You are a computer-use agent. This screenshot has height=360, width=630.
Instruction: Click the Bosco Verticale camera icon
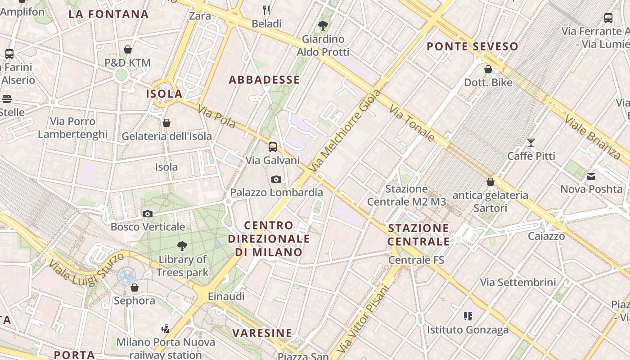pos(147,214)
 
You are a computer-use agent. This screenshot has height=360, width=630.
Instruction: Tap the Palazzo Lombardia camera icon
pos(276,180)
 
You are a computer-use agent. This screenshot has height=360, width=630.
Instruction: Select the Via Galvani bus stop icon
pos(272,147)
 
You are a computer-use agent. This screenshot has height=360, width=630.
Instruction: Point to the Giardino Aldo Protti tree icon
pos(323,26)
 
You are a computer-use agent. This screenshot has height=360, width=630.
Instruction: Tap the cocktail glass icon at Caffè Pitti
pos(531,143)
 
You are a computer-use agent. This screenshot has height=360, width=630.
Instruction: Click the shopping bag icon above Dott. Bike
pos(488,69)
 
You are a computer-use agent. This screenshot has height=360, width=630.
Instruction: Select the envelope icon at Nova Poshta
pos(591,176)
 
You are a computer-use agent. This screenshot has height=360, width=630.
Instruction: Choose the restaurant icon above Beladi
pos(266,10)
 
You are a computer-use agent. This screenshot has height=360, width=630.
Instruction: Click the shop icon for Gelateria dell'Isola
pos(166,123)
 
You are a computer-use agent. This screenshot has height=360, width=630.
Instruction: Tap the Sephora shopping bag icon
pos(134,287)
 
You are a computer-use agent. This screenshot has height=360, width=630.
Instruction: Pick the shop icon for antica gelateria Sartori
pos(490,182)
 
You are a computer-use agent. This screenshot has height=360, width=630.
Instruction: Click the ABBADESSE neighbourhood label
pos(264,80)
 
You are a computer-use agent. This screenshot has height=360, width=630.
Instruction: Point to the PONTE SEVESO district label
pos(472,46)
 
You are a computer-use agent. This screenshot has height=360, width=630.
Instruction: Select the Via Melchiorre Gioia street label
pos(345,130)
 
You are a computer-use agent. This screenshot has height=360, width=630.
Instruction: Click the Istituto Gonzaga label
pos(468,330)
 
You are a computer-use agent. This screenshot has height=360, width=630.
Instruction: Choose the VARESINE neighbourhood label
pos(262,333)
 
